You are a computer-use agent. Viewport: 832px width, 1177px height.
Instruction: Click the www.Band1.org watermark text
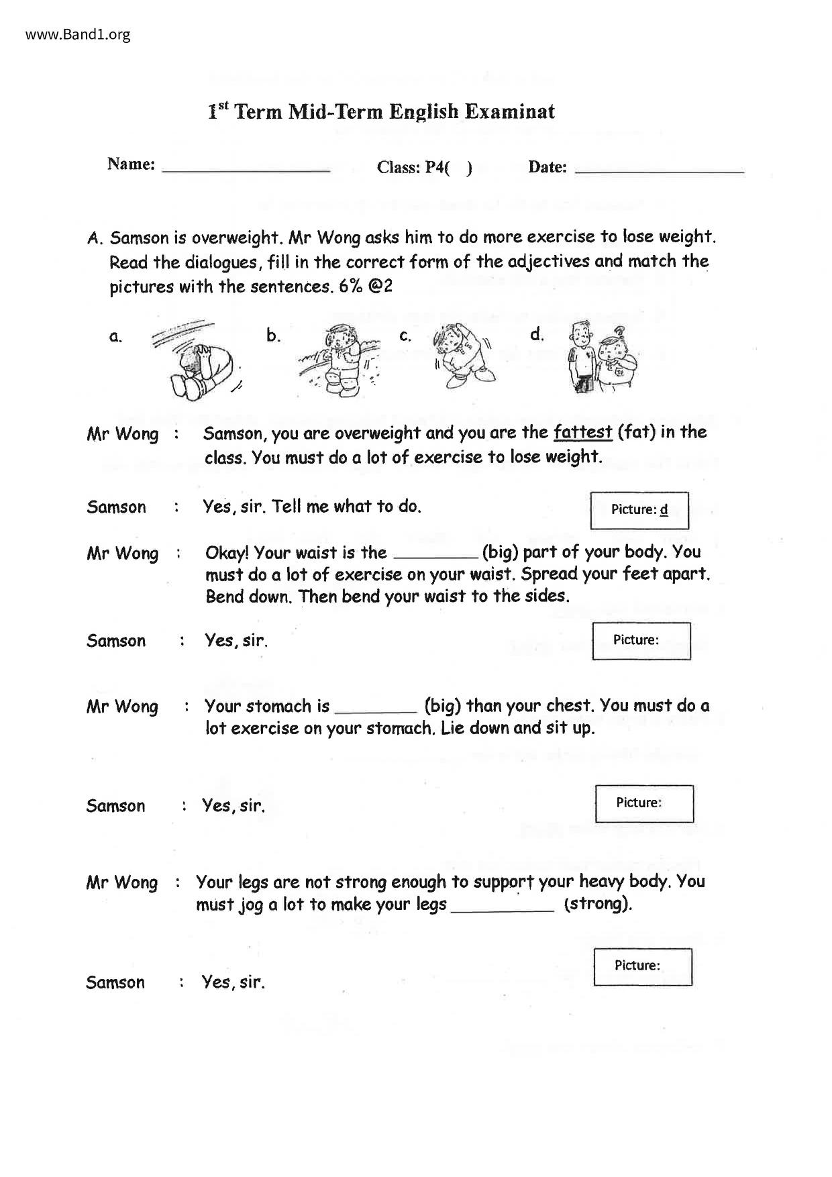pos(78,34)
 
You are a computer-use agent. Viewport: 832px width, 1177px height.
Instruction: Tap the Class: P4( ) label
pos(424,168)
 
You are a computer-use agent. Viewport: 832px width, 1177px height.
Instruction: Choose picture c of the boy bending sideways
pos(461,356)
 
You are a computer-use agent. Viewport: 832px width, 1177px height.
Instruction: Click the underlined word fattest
pos(582,432)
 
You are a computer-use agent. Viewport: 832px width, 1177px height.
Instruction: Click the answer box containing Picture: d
pos(639,510)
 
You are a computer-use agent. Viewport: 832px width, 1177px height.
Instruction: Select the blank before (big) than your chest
pos(375,707)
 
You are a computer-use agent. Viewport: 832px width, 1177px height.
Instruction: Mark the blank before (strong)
pos(503,906)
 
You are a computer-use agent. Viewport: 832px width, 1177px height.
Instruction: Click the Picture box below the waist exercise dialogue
pos(641,641)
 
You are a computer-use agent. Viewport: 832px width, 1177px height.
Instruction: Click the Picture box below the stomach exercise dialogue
pos(643,803)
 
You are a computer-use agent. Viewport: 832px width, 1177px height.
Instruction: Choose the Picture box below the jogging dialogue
pos(642,966)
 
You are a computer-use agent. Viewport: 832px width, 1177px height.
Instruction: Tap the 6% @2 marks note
pos(366,287)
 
